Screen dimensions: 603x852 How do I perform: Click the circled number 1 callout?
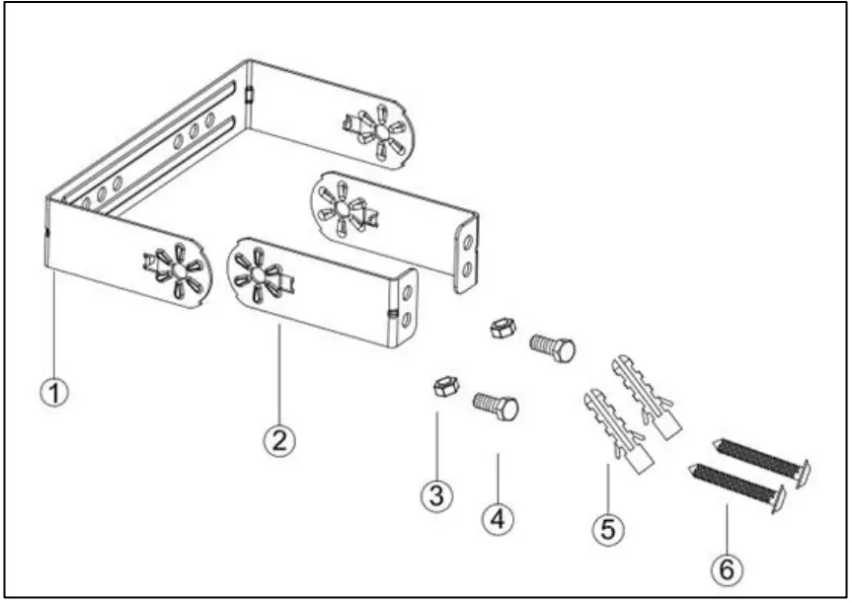coord(55,392)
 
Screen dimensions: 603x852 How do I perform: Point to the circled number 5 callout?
coord(608,529)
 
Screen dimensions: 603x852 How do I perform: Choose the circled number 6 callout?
coord(726,569)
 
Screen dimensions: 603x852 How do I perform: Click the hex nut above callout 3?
coord(444,387)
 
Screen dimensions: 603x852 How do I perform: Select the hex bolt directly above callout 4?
coord(497,405)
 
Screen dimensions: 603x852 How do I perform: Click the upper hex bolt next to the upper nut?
coord(553,347)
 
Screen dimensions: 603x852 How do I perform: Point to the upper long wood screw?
coord(765,458)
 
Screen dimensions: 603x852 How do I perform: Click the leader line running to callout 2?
coord(279,375)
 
